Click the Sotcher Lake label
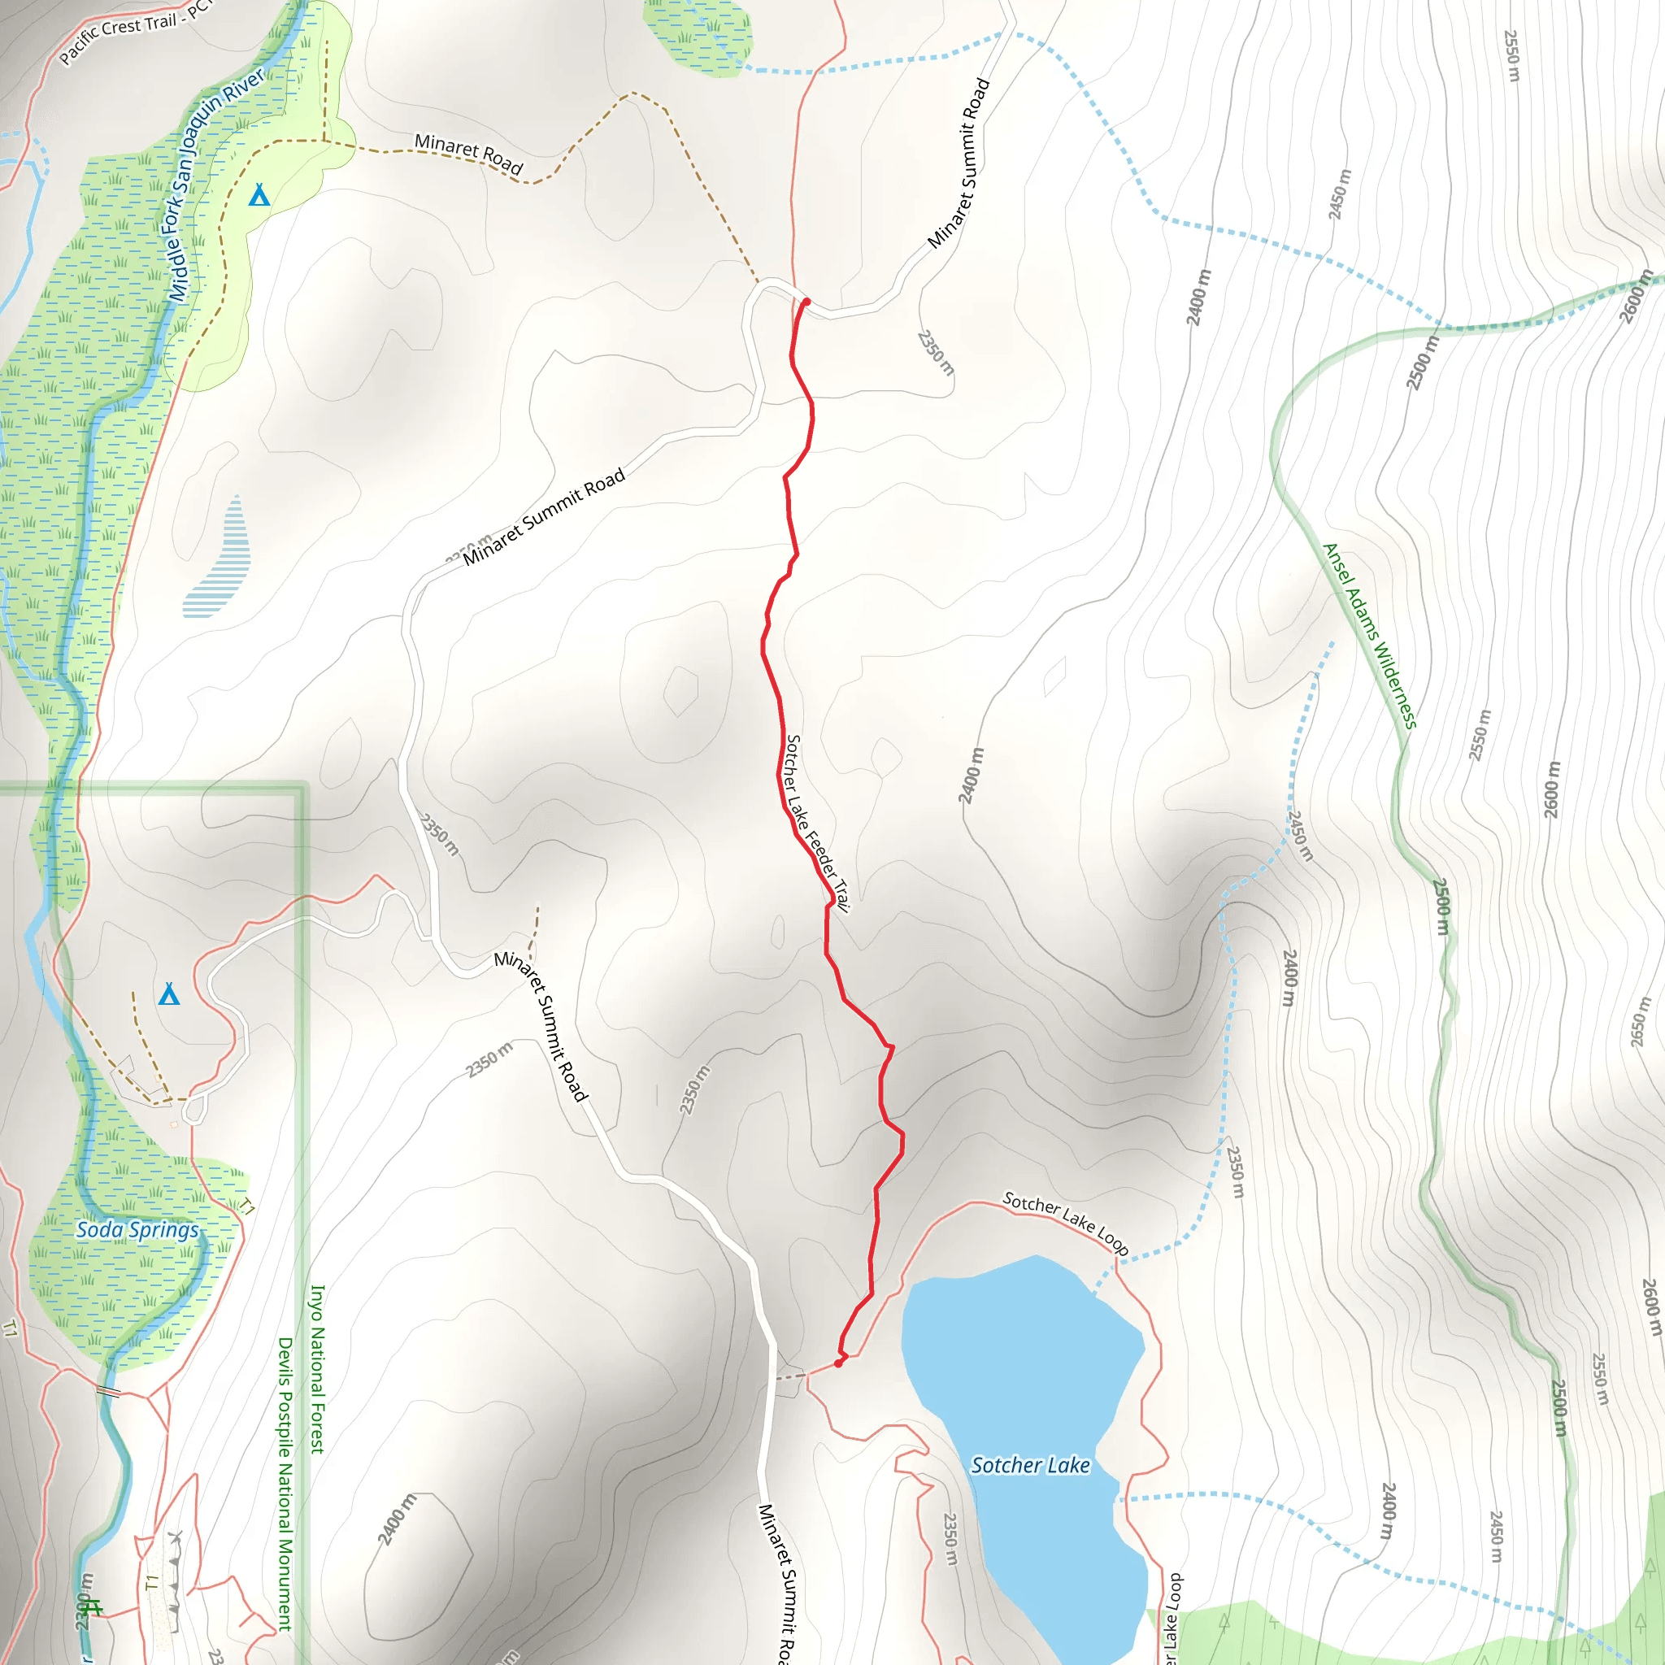click(x=1030, y=1465)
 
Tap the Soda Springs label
click(x=137, y=1230)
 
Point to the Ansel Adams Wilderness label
click(x=1369, y=636)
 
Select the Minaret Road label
click(x=469, y=153)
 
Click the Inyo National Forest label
click(x=317, y=1369)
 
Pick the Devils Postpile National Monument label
click(x=285, y=1483)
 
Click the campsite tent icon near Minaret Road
click(x=259, y=195)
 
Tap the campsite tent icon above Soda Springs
click(x=169, y=994)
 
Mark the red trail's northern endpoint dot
click(x=806, y=302)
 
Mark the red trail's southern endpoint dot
click(x=838, y=1363)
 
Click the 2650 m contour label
click(x=1639, y=1022)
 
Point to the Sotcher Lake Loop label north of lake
click(x=1065, y=1221)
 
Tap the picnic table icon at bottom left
click(x=93, y=1608)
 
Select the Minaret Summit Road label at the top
click(x=959, y=163)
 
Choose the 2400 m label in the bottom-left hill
click(x=397, y=1519)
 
